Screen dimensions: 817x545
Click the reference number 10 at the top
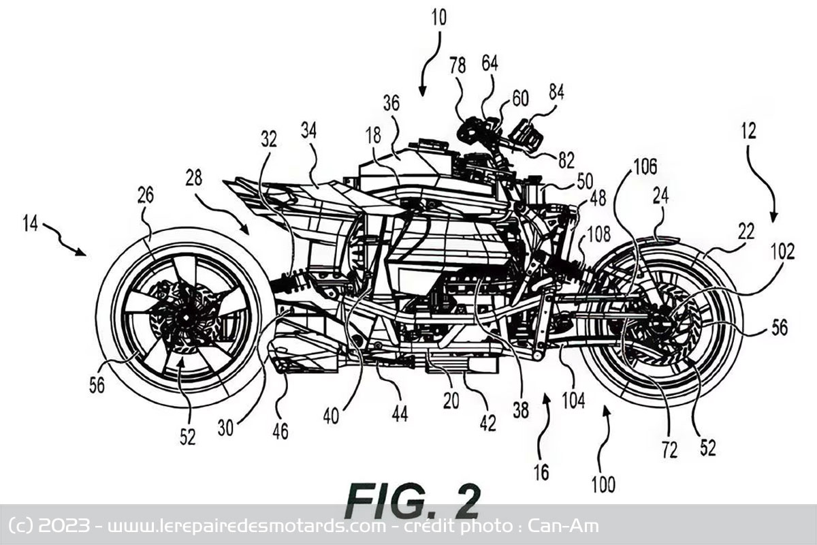coord(438,18)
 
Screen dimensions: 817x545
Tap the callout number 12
coord(748,131)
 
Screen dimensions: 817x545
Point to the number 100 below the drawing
coord(603,484)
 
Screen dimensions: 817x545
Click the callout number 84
coord(556,93)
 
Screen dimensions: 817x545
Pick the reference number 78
coord(458,65)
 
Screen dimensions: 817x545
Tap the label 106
coord(645,168)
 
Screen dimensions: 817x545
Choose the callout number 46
coord(280,431)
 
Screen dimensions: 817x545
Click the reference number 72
coord(669,450)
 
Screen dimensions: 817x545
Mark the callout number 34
coord(308,130)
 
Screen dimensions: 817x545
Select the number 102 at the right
coord(782,251)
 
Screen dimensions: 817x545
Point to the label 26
coord(145,196)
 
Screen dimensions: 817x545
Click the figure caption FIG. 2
coord(413,501)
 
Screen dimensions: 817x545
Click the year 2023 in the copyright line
coord(64,526)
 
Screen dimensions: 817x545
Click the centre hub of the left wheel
coord(186,317)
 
